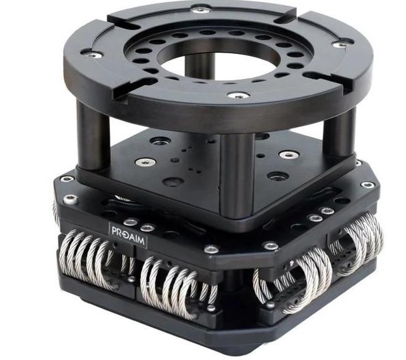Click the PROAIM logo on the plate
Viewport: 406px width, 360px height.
(x=128, y=233)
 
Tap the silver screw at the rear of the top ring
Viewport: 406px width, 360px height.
(x=201, y=10)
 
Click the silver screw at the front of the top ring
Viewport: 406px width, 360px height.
(x=238, y=96)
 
